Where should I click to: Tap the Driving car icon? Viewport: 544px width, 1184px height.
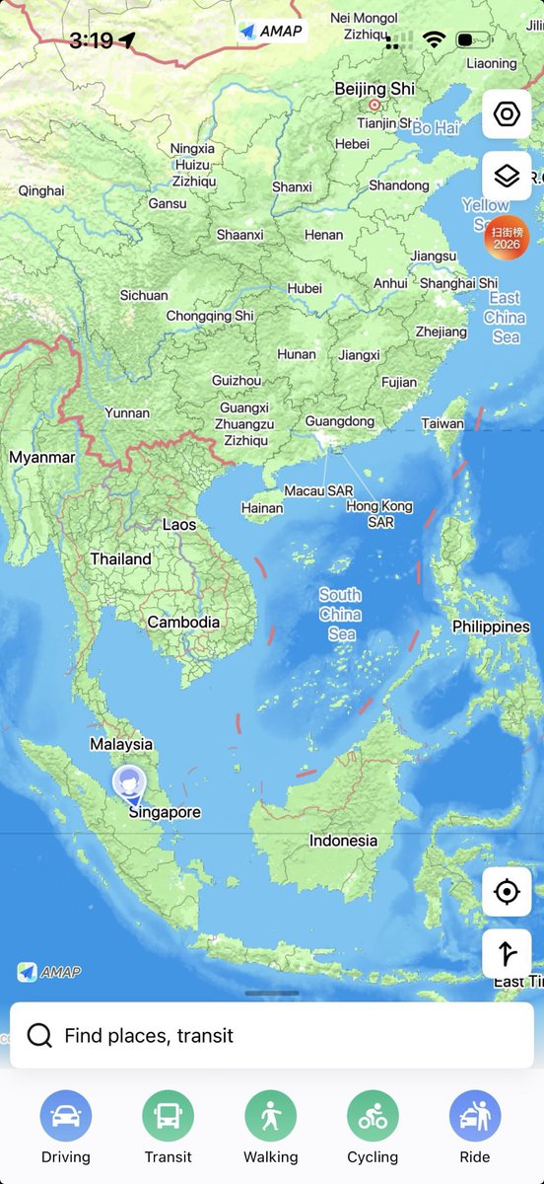(66, 1116)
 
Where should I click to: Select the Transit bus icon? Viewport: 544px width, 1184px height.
(169, 1116)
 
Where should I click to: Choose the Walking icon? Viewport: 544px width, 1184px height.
(271, 1116)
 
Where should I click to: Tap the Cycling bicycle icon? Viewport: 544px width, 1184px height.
(373, 1116)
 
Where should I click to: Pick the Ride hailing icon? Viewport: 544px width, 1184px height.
(475, 1116)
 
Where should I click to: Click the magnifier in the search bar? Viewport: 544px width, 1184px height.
(39, 1036)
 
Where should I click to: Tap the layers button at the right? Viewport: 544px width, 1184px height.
(507, 177)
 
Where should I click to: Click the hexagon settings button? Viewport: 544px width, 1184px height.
(507, 114)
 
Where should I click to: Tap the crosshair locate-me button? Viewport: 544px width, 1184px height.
(507, 892)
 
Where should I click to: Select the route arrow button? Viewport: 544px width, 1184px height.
(507, 954)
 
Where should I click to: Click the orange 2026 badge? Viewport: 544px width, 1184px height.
(506, 238)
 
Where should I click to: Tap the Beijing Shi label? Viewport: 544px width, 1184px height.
(374, 89)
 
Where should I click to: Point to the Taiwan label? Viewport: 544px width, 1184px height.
(442, 423)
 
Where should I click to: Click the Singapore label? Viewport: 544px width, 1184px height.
(165, 813)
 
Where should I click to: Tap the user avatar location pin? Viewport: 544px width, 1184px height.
(128, 783)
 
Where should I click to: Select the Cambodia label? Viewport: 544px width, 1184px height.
(183, 623)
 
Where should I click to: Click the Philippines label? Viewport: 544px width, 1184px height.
(491, 627)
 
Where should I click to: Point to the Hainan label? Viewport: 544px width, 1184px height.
(262, 508)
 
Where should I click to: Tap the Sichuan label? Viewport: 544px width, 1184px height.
(144, 295)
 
